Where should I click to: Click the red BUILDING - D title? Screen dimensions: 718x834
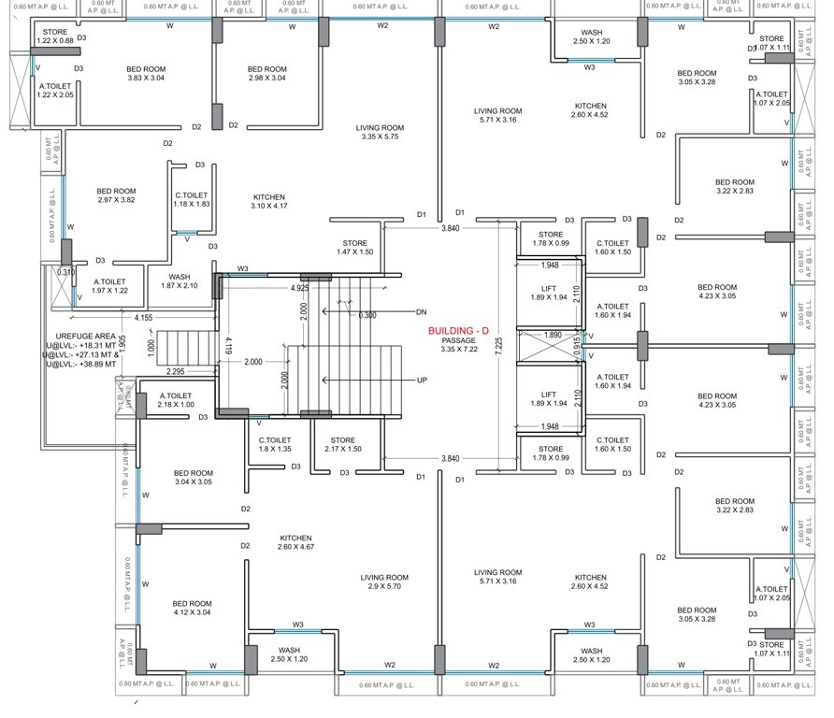[458, 331]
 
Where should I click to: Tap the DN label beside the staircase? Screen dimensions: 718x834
[421, 311]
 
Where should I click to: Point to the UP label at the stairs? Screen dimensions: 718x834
[422, 381]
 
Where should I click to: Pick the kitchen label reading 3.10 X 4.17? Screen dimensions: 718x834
[268, 202]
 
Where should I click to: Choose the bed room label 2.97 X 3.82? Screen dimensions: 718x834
[116, 195]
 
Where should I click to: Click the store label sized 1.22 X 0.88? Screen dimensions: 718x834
[55, 36]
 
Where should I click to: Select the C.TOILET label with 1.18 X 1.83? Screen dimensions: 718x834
[192, 200]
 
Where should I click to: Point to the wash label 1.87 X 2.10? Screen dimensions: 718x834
[180, 281]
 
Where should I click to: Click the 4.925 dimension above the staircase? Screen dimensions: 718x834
[300, 288]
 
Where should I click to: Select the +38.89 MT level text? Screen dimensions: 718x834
[82, 364]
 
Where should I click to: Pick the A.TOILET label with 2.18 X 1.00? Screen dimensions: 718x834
[177, 399]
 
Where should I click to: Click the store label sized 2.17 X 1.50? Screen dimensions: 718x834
[342, 445]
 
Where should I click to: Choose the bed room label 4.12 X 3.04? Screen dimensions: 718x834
[192, 608]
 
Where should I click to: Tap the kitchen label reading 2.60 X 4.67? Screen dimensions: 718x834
[295, 543]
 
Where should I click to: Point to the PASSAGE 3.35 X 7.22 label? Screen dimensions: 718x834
[459, 346]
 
